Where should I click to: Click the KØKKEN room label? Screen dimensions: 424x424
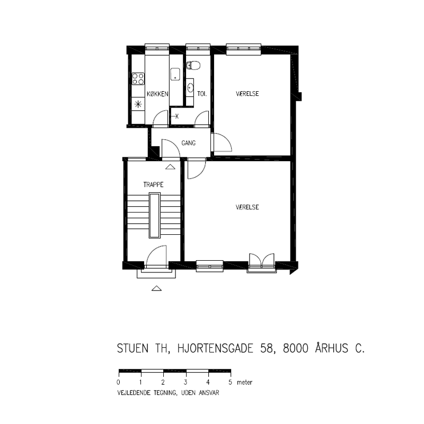pos(157,94)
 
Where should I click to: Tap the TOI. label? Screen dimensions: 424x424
pos(202,94)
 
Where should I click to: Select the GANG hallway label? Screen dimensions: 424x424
pos(189,143)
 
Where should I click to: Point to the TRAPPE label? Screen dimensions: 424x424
pos(153,184)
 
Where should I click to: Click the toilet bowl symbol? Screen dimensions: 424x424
pos(193,65)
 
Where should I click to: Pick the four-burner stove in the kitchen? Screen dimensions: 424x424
pos(138,78)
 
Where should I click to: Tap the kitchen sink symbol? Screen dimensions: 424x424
pos(175,74)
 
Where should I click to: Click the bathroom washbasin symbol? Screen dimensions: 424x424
pos(190,87)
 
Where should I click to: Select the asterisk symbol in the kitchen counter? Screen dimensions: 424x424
pos(138,104)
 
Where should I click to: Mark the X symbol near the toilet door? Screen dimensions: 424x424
pos(177,117)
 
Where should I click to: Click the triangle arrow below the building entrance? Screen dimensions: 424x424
pos(156,288)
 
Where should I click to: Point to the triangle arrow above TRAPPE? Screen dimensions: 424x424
pos(170,167)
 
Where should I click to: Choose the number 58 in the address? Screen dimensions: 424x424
pos(267,348)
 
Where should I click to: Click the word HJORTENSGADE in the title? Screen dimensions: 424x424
pos(215,348)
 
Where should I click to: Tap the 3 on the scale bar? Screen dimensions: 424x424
pos(185,382)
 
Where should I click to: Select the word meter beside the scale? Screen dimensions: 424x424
pos(244,382)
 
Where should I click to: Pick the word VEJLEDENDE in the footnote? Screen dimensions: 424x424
pos(134,393)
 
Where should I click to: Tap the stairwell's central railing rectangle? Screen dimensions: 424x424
pos(155,215)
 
